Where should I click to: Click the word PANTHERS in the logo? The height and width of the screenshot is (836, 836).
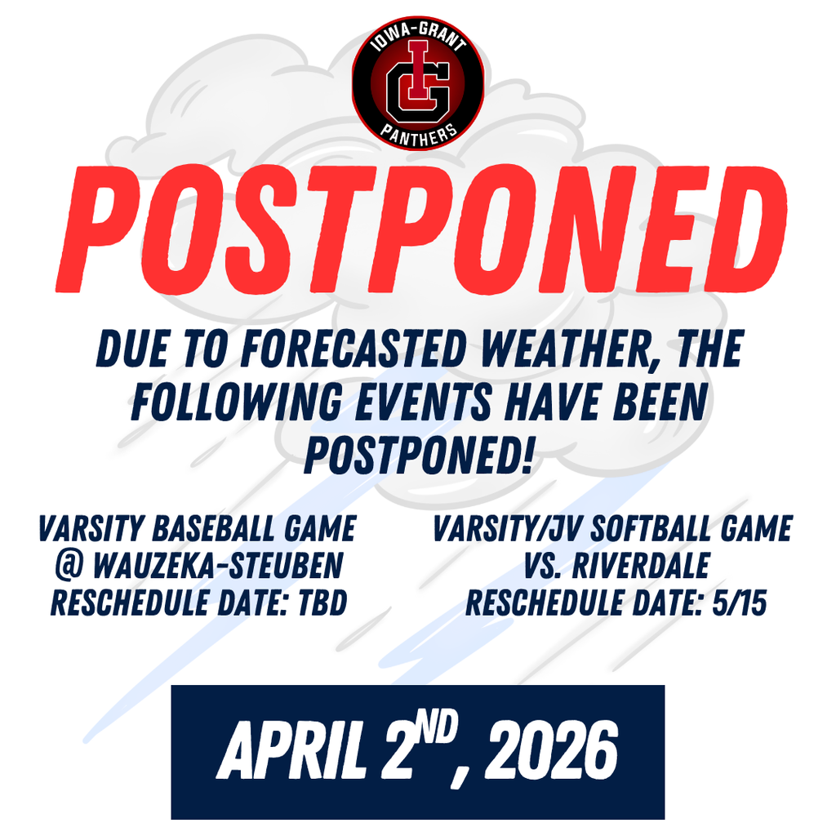[418, 135]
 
